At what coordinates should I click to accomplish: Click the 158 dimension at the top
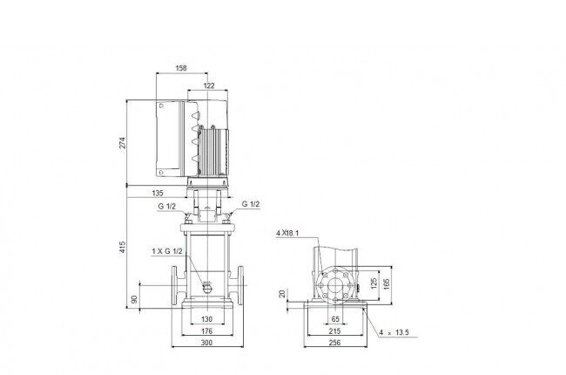point(181,68)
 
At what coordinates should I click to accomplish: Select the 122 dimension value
point(209,85)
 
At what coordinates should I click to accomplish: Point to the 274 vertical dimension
point(123,142)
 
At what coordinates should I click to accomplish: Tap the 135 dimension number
point(158,193)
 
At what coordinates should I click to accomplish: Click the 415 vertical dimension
point(123,247)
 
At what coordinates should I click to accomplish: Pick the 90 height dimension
point(134,299)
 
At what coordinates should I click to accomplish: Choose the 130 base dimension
point(206,319)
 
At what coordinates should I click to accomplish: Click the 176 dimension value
point(206,331)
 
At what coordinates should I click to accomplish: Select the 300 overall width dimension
point(206,343)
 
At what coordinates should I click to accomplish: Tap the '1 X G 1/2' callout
point(167,251)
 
